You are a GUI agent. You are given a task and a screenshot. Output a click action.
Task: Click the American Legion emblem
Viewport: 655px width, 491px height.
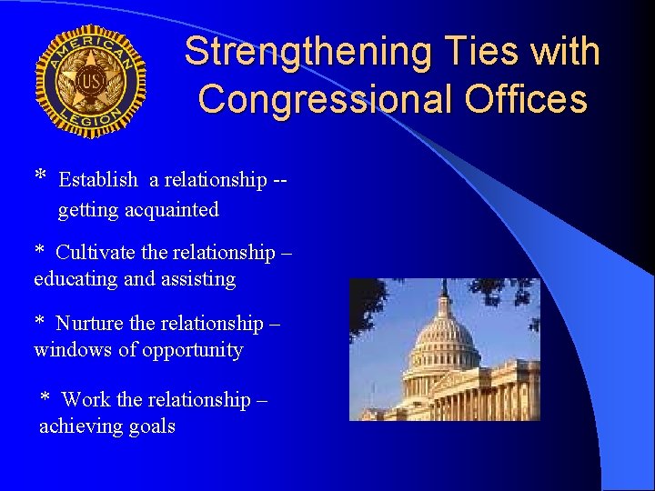click(x=90, y=81)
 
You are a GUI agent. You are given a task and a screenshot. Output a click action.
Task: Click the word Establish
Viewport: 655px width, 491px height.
click(x=98, y=180)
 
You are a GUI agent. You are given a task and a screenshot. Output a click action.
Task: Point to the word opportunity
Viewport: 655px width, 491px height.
click(x=194, y=351)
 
